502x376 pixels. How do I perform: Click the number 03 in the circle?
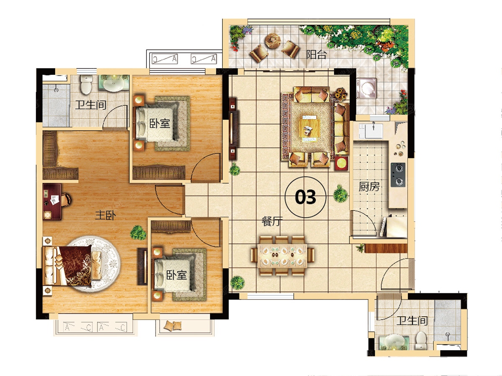(305, 197)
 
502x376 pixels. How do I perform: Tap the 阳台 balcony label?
(316, 55)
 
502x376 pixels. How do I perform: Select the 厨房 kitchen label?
(369, 186)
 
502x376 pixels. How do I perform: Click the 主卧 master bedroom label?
(105, 215)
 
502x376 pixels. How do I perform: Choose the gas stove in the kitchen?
(398, 175)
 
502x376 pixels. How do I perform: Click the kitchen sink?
(371, 131)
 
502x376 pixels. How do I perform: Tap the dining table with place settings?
(282, 256)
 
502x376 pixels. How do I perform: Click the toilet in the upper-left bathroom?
(86, 84)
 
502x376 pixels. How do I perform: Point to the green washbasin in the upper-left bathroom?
(114, 83)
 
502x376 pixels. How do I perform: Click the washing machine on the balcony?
(366, 88)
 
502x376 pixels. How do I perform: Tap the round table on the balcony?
(273, 41)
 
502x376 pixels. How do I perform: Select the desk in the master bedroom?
(52, 202)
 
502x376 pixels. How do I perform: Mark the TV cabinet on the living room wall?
(233, 129)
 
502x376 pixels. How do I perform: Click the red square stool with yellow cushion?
(341, 163)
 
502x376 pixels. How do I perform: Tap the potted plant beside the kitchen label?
(341, 194)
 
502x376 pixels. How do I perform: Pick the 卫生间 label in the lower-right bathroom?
(412, 321)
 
